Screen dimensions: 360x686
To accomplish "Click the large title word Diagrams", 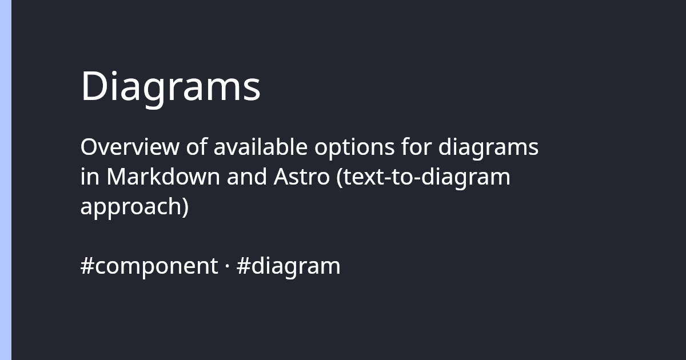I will (x=170, y=87).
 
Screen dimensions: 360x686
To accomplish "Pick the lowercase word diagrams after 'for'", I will (x=488, y=149).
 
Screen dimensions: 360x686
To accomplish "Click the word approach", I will (x=130, y=207).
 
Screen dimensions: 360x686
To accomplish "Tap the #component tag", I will (x=149, y=266).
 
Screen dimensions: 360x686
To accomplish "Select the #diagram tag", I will (x=288, y=266).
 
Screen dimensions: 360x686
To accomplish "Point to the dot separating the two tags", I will (x=227, y=266).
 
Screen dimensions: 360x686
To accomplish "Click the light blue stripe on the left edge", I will (x=6, y=180).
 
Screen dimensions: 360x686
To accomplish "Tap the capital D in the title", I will (x=94, y=87).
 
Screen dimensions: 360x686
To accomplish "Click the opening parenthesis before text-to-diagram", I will (x=340, y=178).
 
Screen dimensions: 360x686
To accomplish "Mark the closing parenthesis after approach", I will (x=185, y=207).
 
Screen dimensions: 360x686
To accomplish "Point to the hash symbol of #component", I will (x=86, y=266).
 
